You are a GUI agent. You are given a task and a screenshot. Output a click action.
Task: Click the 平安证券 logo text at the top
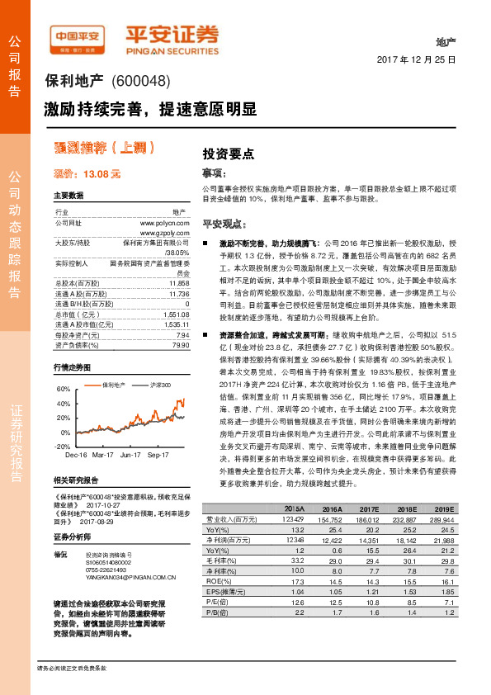pos(172,34)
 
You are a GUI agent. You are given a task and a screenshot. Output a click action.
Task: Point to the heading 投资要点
pos(228,154)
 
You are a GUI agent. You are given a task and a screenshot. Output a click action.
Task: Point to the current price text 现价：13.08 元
pos(87,174)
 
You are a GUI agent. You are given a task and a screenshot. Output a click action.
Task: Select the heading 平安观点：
pos(225,224)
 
